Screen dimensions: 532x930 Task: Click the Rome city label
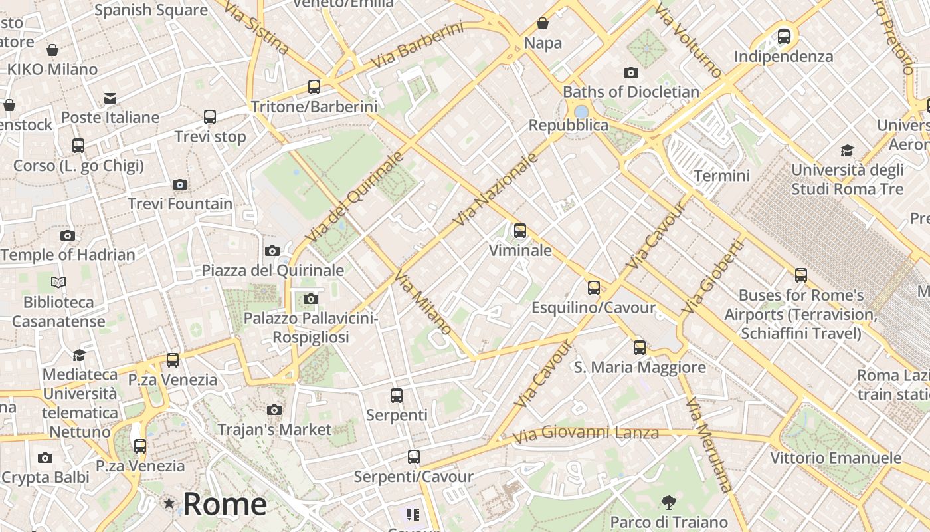tap(225, 504)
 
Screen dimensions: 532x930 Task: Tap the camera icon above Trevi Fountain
tap(179, 184)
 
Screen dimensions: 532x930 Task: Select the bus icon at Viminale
tap(520, 231)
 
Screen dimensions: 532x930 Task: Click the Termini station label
tap(721, 176)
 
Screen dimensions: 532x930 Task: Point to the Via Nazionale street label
tap(495, 190)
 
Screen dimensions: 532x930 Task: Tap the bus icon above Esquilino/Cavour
tap(593, 288)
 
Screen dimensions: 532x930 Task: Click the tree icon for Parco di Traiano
tap(669, 502)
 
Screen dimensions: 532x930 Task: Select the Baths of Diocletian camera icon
tap(631, 72)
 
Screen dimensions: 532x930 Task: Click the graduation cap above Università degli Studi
tap(847, 150)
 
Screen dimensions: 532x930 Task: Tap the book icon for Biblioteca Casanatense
tap(58, 283)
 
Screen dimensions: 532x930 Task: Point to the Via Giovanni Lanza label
tap(586, 435)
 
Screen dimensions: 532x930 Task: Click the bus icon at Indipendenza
tap(784, 36)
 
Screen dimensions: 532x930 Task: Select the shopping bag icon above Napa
tap(543, 24)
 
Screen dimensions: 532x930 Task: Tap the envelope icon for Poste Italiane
tap(110, 98)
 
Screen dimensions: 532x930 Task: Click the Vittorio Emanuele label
tap(836, 458)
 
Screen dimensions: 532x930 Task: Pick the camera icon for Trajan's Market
tap(274, 410)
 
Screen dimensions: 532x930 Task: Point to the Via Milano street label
tap(423, 302)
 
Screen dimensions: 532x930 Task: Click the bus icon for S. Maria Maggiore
tap(639, 347)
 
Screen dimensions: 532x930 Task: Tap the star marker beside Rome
tap(169, 504)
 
